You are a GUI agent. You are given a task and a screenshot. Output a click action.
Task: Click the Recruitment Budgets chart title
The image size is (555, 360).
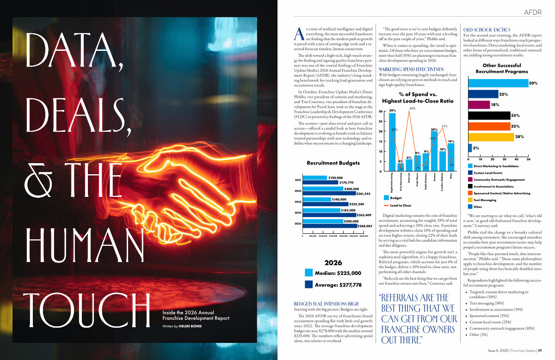(x=333, y=163)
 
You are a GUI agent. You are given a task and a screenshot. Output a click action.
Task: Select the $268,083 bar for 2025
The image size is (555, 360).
(x=330, y=226)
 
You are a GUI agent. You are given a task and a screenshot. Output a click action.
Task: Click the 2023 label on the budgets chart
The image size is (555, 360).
(x=298, y=202)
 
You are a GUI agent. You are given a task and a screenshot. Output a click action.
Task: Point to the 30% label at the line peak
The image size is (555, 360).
(x=413, y=109)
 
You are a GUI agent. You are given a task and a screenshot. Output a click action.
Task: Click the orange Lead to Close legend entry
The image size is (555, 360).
(x=400, y=205)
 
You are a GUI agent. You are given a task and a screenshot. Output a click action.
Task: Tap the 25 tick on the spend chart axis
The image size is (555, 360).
(x=380, y=122)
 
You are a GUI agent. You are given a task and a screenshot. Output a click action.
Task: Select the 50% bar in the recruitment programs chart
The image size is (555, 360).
(x=498, y=83)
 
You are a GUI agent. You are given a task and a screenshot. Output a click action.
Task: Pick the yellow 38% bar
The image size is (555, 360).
(x=491, y=137)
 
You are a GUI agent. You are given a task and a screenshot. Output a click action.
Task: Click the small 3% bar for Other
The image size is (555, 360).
(x=470, y=147)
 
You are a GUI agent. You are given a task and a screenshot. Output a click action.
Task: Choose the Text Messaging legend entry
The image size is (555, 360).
(x=487, y=200)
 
